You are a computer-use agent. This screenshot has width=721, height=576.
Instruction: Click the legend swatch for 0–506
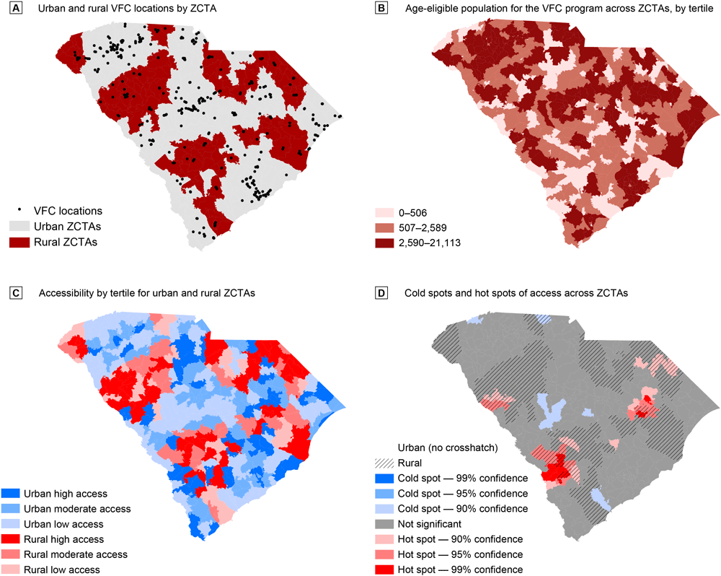coord(384,212)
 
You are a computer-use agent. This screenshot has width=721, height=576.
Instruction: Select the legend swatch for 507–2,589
coord(384,227)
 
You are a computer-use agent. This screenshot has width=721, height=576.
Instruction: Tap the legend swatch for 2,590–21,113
coord(384,243)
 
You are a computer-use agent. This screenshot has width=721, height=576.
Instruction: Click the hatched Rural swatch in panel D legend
coord(384,463)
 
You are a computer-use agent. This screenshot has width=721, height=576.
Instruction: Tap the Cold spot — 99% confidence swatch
coord(384,479)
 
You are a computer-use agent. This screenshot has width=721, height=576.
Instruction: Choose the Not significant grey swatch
coord(384,524)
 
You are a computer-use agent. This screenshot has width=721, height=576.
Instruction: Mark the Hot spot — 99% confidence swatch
coord(384,570)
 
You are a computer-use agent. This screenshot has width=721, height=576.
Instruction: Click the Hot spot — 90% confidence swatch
coord(384,539)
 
